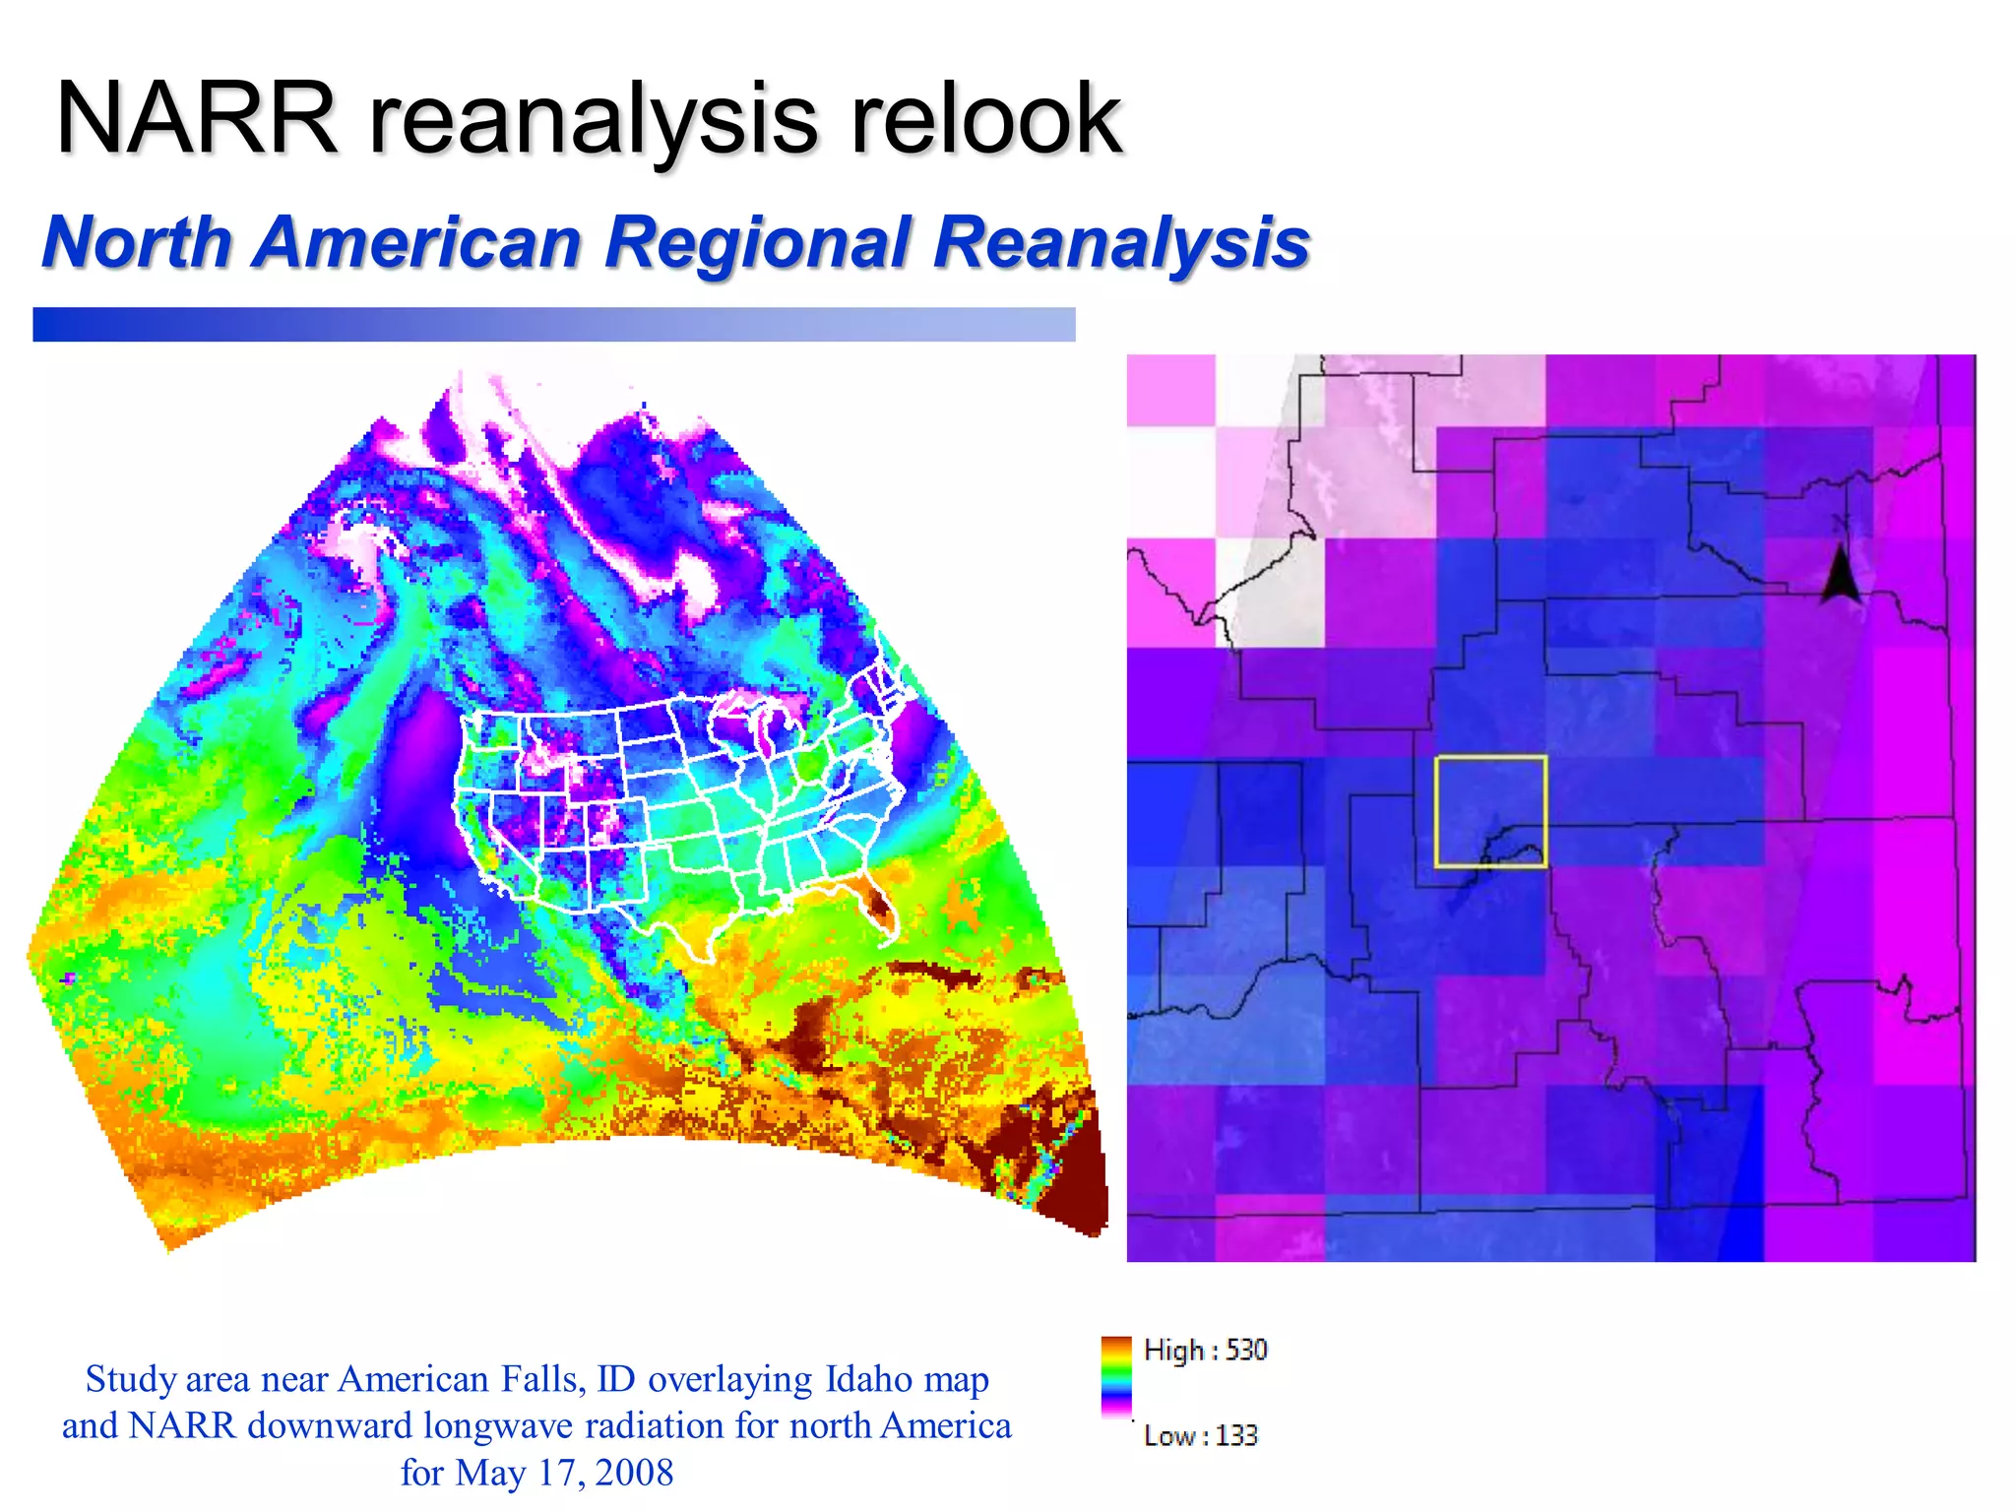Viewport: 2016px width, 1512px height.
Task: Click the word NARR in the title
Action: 197,120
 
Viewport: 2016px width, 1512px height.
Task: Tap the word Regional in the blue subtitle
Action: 759,242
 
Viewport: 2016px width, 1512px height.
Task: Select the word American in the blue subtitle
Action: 417,242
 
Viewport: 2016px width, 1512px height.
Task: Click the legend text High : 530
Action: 1205,1350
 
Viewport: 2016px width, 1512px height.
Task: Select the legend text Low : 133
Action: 1200,1435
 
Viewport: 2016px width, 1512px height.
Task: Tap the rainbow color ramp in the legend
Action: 1116,1376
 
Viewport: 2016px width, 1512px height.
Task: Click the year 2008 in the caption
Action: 634,1473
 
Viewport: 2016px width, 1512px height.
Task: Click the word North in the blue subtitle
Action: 137,242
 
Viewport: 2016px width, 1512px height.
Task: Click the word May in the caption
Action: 488,1473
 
